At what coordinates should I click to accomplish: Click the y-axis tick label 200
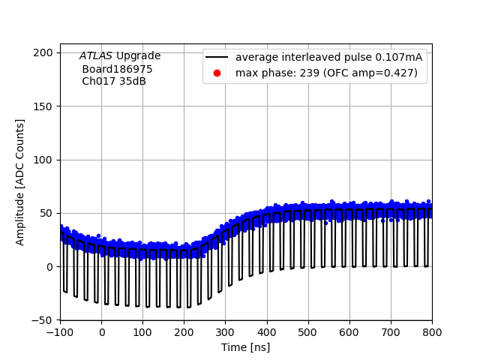pos(46,52)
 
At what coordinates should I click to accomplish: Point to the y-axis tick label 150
pos(46,106)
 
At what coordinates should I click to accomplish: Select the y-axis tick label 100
pos(46,160)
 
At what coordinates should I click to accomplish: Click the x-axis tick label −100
pos(60,332)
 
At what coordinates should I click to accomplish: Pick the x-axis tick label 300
pos(226,332)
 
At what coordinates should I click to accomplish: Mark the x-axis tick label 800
pos(432,332)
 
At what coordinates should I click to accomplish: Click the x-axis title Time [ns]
pos(245,347)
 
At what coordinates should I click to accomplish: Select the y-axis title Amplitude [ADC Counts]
pos(20,182)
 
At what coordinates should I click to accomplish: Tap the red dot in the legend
pos(217,73)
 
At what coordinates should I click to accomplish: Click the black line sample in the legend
pos(217,58)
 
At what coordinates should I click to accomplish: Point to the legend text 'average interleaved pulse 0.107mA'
pos(328,58)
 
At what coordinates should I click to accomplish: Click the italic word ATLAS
pos(96,56)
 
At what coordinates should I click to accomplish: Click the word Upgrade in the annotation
pos(138,56)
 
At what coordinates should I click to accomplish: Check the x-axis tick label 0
pos(101,332)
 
